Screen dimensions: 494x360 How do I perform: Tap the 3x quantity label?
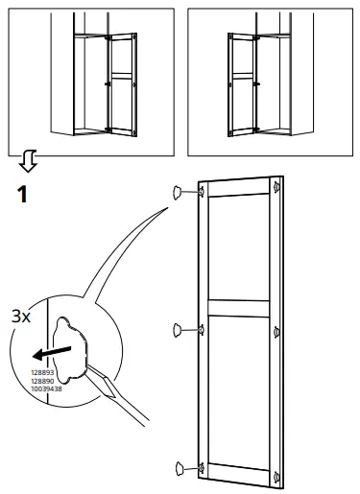coord(20,315)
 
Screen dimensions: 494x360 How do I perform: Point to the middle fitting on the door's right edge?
coord(277,332)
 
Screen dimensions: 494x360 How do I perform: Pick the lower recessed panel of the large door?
coord(240,388)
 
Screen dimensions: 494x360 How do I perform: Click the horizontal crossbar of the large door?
coord(240,307)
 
